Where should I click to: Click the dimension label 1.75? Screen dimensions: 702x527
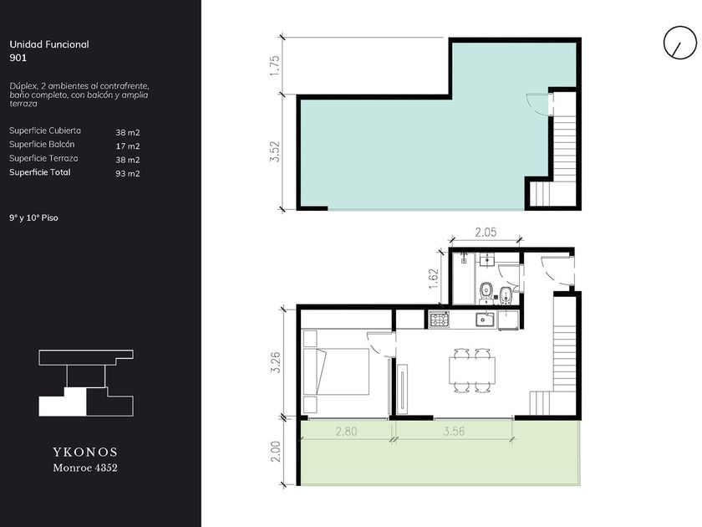[275, 65]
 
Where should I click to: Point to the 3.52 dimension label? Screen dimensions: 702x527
[275, 152]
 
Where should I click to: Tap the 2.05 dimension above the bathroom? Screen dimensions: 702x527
[486, 233]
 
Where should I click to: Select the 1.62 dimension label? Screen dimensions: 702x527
[434, 279]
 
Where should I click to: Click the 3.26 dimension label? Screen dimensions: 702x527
[275, 362]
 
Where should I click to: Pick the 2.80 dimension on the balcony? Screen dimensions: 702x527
[347, 431]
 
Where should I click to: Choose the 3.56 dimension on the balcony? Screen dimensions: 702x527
[454, 431]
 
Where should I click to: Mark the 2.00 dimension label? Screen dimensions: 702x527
[275, 452]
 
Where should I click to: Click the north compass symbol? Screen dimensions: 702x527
[679, 43]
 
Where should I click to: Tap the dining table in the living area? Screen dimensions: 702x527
[472, 371]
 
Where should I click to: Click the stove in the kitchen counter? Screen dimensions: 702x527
[440, 320]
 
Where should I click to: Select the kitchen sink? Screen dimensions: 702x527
[485, 320]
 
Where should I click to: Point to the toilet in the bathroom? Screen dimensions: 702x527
[486, 293]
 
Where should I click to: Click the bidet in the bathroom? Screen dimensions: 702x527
[506, 294]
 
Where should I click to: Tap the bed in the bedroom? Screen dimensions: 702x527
[336, 371]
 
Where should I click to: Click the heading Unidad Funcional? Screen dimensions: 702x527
[49, 44]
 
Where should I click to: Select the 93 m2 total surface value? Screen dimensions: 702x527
[128, 173]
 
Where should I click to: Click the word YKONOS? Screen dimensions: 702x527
[85, 452]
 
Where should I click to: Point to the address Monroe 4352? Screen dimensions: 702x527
[85, 468]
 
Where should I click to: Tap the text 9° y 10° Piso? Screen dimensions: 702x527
[33, 217]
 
